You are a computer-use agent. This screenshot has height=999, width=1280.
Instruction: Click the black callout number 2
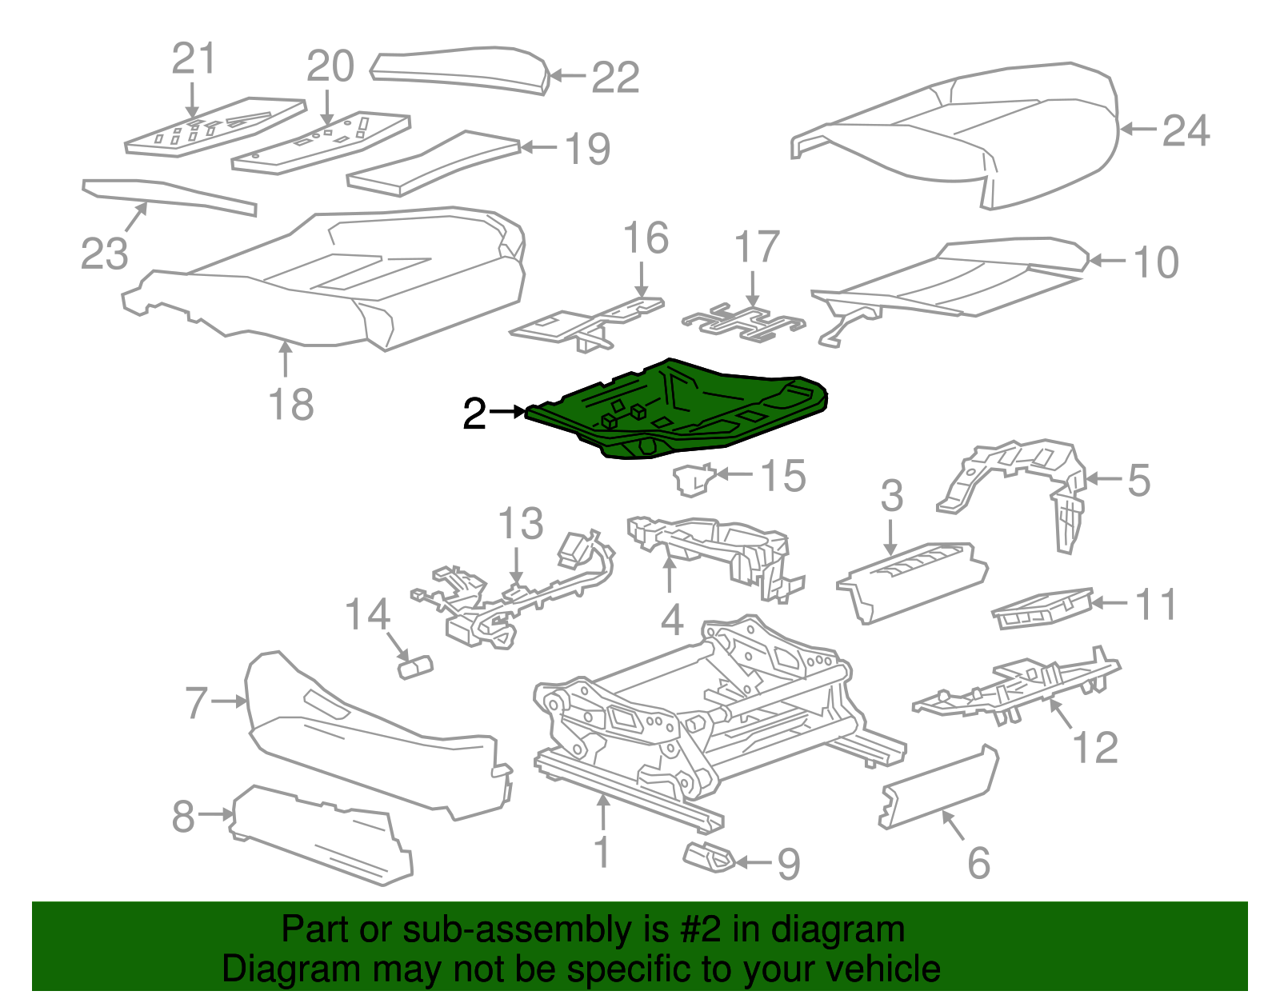pyautogui.click(x=474, y=414)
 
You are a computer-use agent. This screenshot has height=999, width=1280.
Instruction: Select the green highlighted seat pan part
pyautogui.click(x=680, y=408)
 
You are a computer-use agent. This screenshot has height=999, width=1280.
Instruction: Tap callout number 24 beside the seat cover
pyautogui.click(x=1185, y=130)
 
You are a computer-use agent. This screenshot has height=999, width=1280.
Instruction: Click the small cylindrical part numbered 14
pyautogui.click(x=415, y=666)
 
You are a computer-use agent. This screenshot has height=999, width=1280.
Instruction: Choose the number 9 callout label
pyautogui.click(x=788, y=865)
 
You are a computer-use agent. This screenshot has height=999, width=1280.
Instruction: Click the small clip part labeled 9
pyautogui.click(x=708, y=857)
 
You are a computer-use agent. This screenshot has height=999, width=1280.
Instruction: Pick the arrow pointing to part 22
pyautogui.click(x=569, y=76)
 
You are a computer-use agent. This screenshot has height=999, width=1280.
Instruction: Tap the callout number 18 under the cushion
pyautogui.click(x=291, y=405)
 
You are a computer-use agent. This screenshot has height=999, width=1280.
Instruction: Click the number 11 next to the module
pyautogui.click(x=1156, y=604)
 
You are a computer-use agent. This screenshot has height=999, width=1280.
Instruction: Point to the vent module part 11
pyautogui.click(x=1042, y=609)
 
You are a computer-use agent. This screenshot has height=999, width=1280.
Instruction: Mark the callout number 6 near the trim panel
pyautogui.click(x=978, y=864)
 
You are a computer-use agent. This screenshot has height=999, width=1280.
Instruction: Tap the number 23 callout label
pyautogui.click(x=104, y=254)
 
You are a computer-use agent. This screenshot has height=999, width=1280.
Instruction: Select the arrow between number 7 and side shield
pyautogui.click(x=230, y=701)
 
